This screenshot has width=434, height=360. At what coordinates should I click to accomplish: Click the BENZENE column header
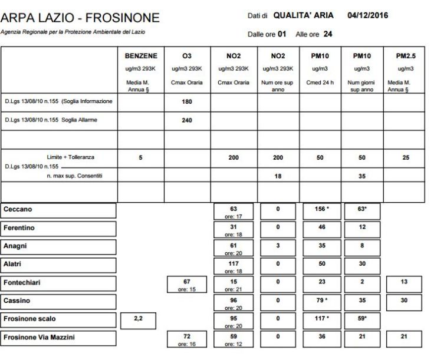140,57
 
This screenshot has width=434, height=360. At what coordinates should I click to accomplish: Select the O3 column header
187,57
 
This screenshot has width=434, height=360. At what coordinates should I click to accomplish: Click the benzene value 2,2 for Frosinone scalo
140,319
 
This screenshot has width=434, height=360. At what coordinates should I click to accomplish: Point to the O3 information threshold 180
187,101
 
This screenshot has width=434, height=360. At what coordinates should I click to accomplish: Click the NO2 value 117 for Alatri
234,262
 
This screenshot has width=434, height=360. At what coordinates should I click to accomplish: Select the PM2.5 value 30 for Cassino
405,299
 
